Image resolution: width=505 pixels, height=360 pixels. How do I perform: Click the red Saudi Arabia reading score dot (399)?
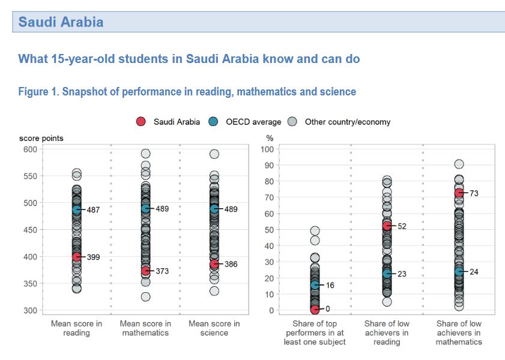[76, 257]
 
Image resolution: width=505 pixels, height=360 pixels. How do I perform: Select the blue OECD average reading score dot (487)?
[76, 209]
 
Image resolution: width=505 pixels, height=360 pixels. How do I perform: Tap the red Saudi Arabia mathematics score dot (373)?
[145, 271]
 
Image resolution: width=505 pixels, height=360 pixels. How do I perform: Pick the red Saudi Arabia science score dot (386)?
[214, 264]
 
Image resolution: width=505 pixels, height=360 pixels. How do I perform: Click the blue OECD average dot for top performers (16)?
[315, 285]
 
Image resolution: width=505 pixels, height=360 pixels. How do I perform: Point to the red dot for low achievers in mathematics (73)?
[459, 193]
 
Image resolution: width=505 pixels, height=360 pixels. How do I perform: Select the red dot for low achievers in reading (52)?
[387, 226]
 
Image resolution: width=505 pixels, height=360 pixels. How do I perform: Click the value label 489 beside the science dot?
[231, 209]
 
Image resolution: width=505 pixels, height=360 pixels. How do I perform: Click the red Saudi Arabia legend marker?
[141, 122]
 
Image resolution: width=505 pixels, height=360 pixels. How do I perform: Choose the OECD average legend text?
[253, 122]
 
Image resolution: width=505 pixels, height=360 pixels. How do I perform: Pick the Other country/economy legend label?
[348, 122]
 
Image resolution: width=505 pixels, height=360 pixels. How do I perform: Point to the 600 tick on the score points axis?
[30, 149]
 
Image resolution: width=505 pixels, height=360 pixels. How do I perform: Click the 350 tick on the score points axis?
[30, 283]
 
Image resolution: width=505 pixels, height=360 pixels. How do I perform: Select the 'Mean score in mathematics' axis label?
[145, 328]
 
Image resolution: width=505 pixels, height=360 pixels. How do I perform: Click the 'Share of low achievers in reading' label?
[387, 332]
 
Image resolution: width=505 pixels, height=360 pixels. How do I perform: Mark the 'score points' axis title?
[41, 138]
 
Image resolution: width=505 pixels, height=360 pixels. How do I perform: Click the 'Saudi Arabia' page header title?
[61, 22]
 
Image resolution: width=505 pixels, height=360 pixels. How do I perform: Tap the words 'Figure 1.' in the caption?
[38, 92]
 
